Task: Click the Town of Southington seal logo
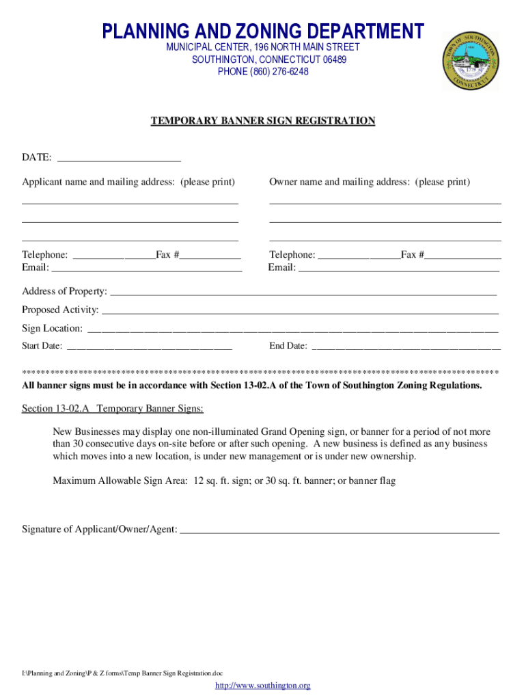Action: [x=470, y=61]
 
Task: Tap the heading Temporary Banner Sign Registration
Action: [x=263, y=121]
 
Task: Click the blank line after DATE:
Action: [x=119, y=159]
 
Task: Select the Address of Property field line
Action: [x=303, y=293]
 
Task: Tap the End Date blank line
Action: [x=406, y=347]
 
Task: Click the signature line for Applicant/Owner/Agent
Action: [x=339, y=530]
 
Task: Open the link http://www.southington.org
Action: [x=263, y=686]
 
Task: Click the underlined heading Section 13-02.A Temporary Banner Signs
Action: [x=113, y=409]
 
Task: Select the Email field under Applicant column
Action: [x=147, y=269]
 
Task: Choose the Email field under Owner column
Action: [x=399, y=269]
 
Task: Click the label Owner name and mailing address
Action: [x=370, y=182]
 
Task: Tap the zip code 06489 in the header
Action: [x=334, y=60]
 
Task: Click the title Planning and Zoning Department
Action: [x=263, y=31]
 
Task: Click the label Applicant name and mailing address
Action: [x=128, y=182]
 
